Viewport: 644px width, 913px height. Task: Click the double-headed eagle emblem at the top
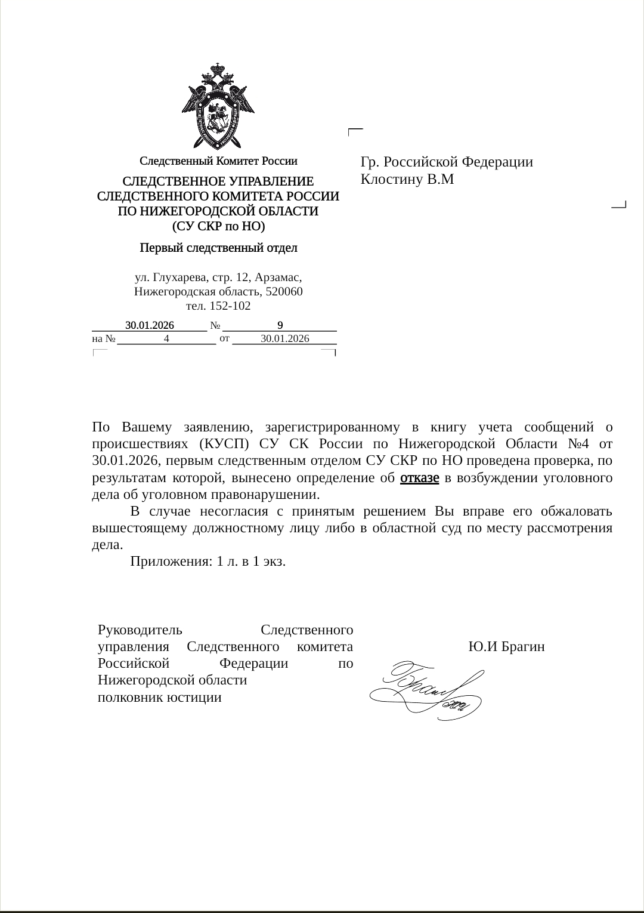tap(218, 106)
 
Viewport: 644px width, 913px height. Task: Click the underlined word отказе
tap(419, 478)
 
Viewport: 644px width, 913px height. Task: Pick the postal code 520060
tap(283, 292)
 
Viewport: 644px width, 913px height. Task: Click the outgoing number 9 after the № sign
tap(280, 325)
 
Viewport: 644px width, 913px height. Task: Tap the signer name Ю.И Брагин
tap(506, 647)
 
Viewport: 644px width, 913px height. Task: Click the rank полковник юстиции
tap(160, 698)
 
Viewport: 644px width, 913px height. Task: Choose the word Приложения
tap(169, 562)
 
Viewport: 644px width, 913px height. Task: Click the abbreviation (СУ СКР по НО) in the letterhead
tap(218, 227)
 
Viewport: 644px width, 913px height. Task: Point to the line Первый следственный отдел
tap(218, 247)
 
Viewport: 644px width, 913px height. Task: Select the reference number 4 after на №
tap(167, 339)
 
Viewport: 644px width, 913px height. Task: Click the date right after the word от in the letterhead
tap(285, 339)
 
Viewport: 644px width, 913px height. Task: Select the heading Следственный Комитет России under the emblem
tap(218, 161)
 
